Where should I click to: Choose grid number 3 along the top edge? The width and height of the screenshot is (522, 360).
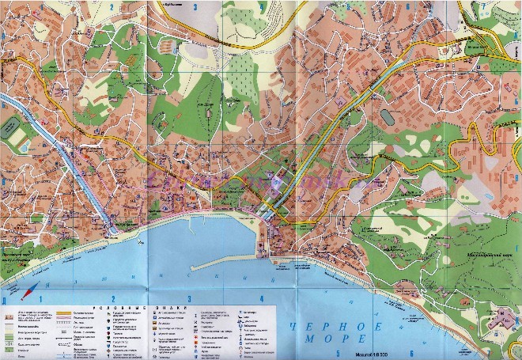click(195, 6)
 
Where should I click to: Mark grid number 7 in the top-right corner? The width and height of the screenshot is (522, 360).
click(483, 6)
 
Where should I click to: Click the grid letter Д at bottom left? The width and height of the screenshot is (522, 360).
click(4, 301)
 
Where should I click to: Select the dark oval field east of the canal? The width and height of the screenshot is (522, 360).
click(386, 116)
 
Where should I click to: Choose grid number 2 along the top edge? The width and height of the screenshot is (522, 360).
click(112, 9)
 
